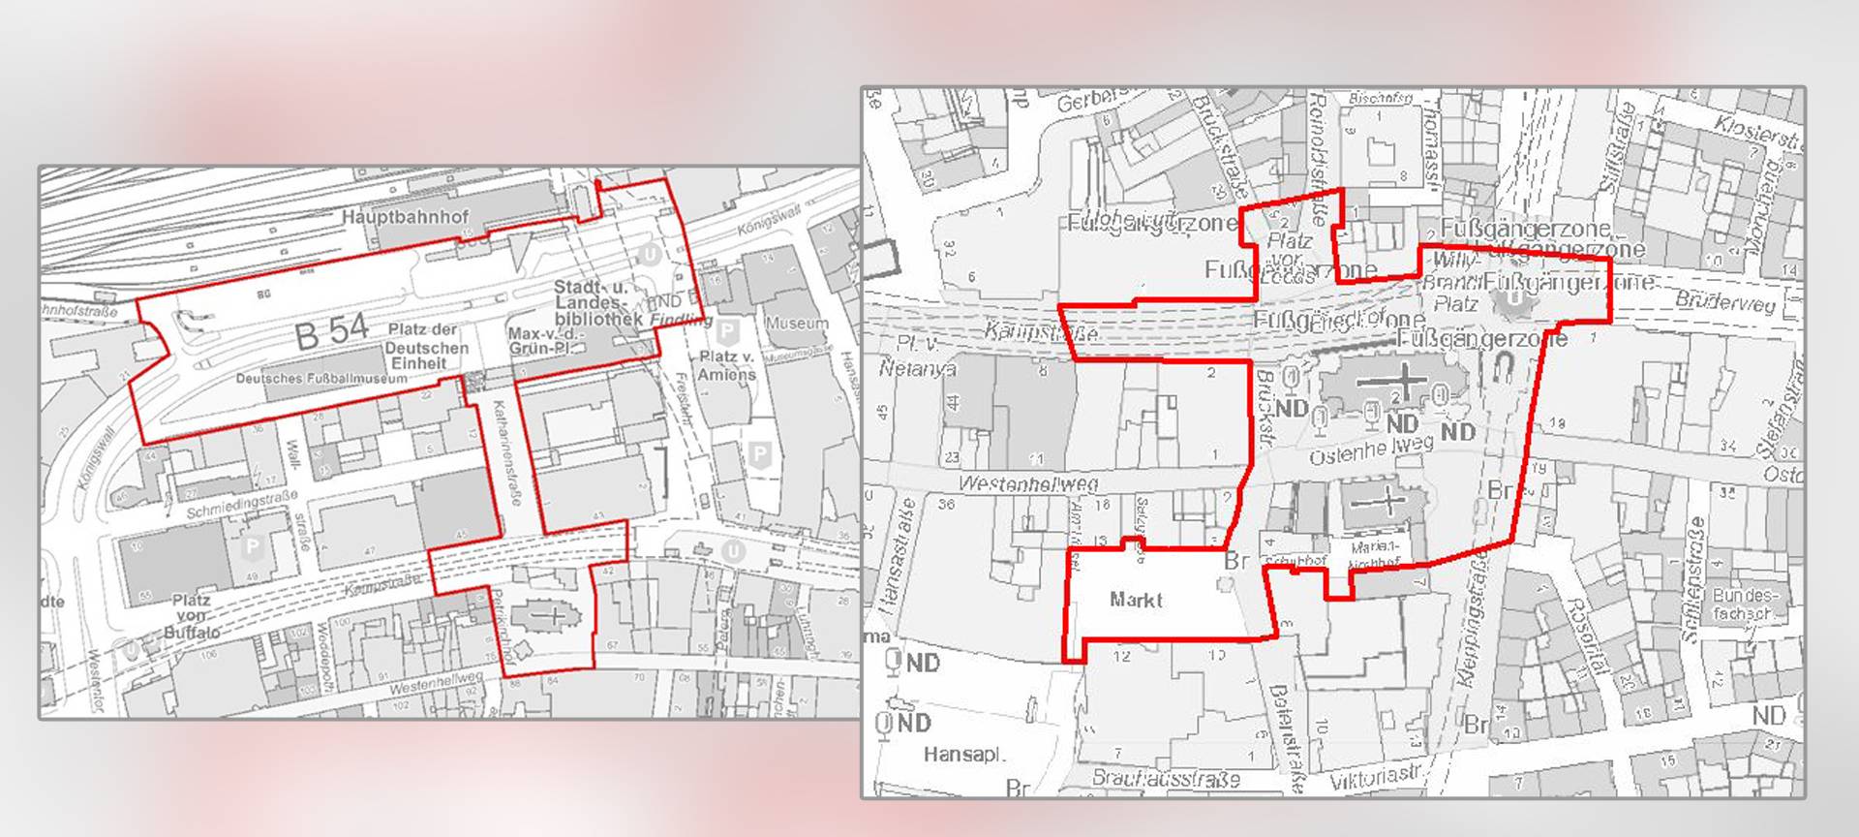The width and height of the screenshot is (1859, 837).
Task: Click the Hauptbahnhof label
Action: (x=405, y=217)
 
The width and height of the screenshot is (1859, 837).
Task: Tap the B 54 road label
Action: (x=331, y=332)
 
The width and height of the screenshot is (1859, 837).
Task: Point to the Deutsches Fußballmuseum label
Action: (x=321, y=379)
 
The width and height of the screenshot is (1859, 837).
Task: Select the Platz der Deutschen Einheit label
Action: (x=426, y=347)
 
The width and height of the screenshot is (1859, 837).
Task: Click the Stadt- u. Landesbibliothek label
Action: (x=597, y=303)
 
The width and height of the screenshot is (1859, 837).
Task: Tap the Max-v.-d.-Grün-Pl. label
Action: (x=544, y=341)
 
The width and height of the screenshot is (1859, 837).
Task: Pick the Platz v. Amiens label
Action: (x=726, y=365)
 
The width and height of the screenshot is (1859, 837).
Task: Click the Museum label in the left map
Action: (x=797, y=323)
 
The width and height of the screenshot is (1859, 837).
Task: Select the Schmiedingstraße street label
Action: (x=242, y=504)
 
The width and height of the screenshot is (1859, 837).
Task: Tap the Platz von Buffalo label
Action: (x=191, y=616)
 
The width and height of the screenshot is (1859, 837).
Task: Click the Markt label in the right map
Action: (x=1136, y=600)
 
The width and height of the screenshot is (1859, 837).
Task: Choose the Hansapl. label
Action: (x=964, y=754)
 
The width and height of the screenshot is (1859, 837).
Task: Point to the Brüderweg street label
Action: (x=1726, y=301)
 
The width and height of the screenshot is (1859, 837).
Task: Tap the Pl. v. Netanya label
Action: (x=917, y=356)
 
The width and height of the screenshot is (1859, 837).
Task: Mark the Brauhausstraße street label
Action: (x=1166, y=778)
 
